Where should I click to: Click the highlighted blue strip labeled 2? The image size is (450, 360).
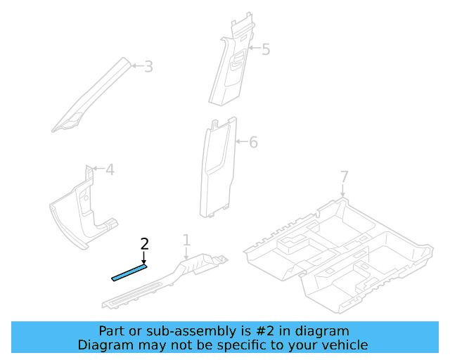point(129,272)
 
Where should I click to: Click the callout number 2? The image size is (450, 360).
point(145,245)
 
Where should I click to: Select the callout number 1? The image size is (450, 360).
point(186,241)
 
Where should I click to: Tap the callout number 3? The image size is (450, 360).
point(148,67)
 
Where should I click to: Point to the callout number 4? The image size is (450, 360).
point(110,169)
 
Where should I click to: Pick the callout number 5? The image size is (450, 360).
point(266,49)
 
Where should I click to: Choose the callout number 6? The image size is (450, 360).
point(253,143)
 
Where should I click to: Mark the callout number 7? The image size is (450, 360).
point(344,176)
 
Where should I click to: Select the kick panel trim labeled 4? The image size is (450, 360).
point(81,211)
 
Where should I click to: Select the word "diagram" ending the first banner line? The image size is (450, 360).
point(323,330)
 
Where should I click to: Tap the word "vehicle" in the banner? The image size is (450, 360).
point(344,345)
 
